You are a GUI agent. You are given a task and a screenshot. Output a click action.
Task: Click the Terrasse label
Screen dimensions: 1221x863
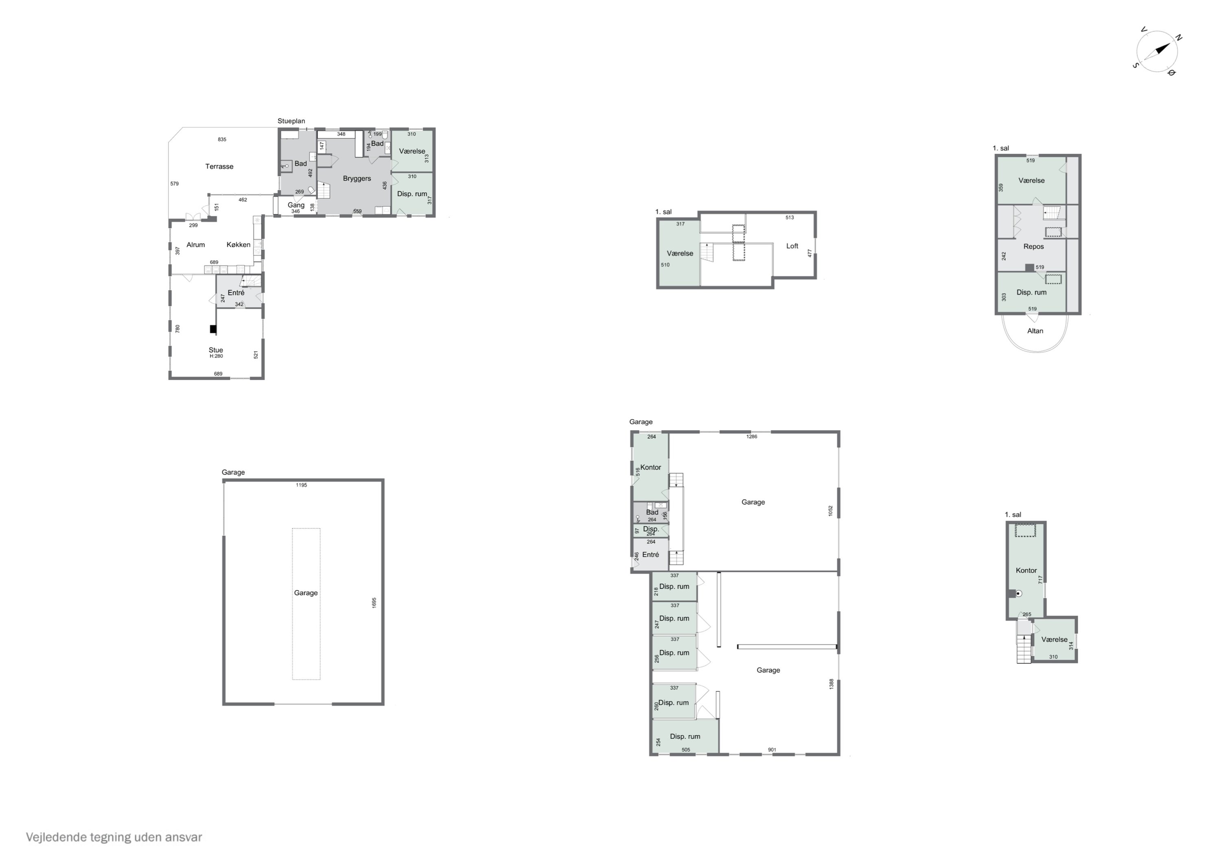[219, 166]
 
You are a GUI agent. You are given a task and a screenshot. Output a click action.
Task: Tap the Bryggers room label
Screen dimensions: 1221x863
[357, 179]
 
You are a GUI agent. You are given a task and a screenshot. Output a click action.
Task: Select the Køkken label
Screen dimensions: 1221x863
[238, 245]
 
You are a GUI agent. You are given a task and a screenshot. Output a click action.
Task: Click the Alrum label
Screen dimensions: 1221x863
[196, 245]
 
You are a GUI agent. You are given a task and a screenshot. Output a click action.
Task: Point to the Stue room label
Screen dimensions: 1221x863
[216, 350]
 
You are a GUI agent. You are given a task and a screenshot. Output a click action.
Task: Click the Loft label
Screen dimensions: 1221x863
[792, 246]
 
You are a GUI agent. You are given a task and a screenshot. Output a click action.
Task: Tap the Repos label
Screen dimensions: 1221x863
[1033, 247]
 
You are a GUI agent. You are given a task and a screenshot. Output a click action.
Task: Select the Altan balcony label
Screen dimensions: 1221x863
[1035, 331]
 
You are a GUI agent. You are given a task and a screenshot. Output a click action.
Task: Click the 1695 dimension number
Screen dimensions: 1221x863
[374, 603]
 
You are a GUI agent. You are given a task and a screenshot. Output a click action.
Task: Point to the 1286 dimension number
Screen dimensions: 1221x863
[751, 437]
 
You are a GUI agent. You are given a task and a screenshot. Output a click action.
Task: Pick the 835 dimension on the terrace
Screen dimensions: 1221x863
[222, 139]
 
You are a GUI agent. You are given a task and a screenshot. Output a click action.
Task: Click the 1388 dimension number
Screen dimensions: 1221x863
[831, 684]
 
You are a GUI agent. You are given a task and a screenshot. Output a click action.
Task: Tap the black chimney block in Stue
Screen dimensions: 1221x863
[213, 329]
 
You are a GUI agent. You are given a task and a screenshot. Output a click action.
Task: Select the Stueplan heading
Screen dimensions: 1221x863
[291, 121]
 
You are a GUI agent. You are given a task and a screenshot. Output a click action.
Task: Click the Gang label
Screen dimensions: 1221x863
[296, 205]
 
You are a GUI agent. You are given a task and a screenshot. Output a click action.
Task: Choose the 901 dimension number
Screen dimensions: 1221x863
[772, 750]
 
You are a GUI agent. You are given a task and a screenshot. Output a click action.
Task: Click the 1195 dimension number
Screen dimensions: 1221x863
[302, 485]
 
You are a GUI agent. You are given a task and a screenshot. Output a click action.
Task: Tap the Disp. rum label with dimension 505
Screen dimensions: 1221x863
[685, 736]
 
